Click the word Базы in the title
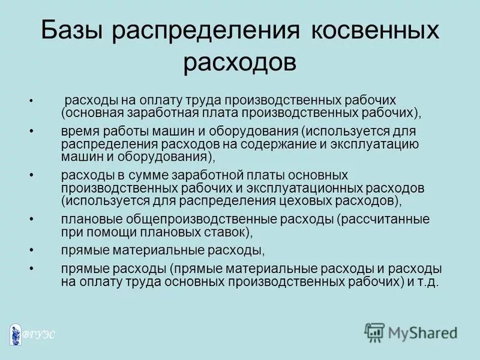pos(75,31)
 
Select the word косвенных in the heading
pos(376,31)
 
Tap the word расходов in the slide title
pos(240,62)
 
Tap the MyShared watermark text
pos(422,332)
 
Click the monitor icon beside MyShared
pos(374,332)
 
